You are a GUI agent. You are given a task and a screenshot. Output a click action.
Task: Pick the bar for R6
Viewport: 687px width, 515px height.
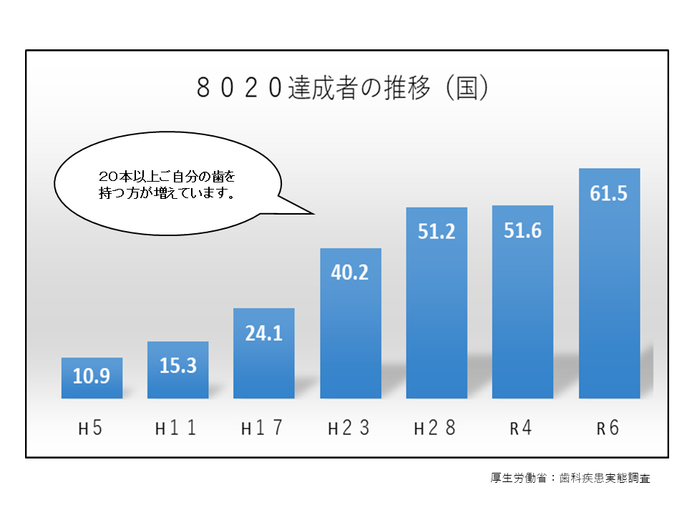(x=609, y=300)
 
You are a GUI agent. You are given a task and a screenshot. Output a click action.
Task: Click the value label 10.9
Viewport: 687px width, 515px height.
(x=92, y=376)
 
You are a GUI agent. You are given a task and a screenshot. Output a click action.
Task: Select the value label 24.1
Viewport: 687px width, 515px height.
(x=264, y=333)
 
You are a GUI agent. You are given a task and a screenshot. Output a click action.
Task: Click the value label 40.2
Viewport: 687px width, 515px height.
(x=351, y=272)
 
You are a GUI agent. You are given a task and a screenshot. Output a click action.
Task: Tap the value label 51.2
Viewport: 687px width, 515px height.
(x=437, y=232)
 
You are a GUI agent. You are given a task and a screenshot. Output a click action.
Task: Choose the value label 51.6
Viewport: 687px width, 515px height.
(x=522, y=230)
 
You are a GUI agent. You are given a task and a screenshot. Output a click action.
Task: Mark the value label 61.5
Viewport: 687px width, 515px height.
(x=609, y=193)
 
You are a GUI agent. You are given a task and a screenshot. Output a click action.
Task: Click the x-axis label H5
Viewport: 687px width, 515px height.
(x=91, y=429)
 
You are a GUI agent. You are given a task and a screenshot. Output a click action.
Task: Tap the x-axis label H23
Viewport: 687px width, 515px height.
(x=349, y=429)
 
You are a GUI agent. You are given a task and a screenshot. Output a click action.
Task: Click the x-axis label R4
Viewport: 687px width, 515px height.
(x=522, y=429)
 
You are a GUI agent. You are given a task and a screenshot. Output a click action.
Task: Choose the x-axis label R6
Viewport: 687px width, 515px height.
(x=608, y=429)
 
